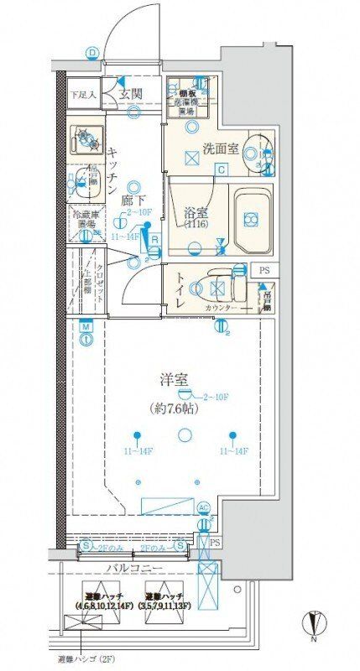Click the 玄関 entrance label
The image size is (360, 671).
(133, 93)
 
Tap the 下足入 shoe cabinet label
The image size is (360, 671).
(83, 94)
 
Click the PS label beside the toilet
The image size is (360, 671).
(265, 270)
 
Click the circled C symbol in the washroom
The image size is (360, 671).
(221, 169)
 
